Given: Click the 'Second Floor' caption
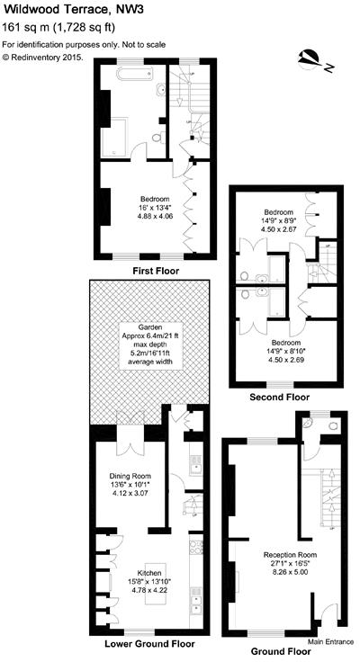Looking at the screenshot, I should [x=281, y=397].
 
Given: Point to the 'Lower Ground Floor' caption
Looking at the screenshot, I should [x=149, y=644].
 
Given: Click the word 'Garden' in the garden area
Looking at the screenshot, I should [x=149, y=327].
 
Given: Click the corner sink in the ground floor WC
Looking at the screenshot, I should [x=310, y=423].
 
